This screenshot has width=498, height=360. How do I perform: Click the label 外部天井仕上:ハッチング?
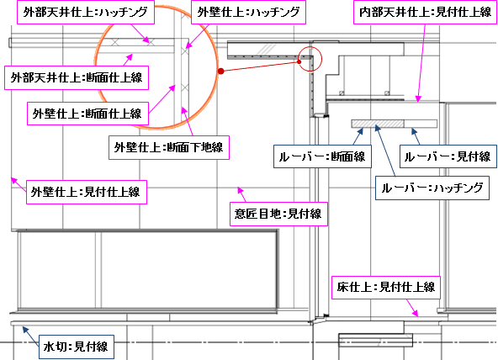(86, 12)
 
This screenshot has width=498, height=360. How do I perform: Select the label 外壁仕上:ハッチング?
(248, 12)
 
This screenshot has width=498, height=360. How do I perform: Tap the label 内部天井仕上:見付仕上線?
(426, 12)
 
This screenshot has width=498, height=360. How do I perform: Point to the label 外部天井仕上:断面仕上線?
(77, 77)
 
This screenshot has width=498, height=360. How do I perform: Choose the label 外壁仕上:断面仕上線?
(87, 114)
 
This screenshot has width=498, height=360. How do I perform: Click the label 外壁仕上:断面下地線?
(169, 147)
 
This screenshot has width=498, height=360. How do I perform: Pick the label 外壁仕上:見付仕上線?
(87, 192)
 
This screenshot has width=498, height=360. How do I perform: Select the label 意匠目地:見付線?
(278, 214)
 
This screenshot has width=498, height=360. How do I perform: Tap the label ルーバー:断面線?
(322, 156)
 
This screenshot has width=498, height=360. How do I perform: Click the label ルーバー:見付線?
(448, 156)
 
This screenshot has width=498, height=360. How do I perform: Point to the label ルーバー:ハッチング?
(432, 188)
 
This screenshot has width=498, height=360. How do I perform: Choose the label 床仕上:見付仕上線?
(386, 288)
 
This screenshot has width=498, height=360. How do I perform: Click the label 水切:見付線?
(77, 347)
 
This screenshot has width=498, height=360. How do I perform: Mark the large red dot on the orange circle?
(221, 71)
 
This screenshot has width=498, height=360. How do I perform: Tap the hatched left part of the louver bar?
(378, 124)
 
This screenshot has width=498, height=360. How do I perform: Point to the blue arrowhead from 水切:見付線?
(24, 329)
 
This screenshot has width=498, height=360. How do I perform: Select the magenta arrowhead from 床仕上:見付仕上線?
(415, 314)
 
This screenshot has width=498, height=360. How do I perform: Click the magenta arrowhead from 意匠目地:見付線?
(240, 190)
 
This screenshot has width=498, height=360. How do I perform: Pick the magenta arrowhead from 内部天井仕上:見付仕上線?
(418, 98)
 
